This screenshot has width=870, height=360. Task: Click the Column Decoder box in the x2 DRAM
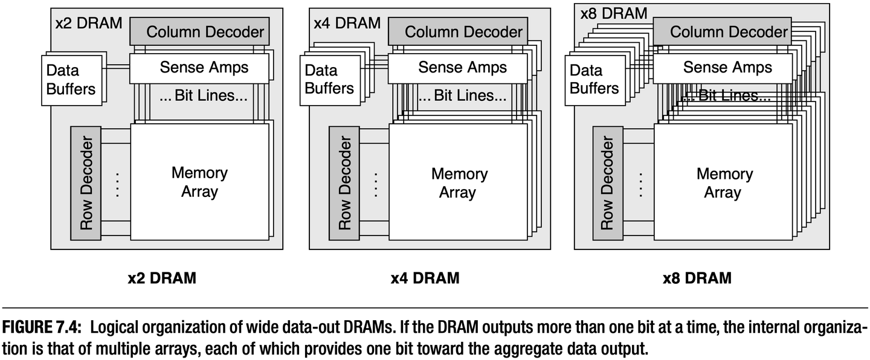(199, 31)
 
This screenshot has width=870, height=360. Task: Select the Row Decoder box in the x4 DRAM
(344, 183)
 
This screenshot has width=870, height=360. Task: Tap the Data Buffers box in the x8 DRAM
(594, 79)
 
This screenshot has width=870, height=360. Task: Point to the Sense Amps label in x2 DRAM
(204, 67)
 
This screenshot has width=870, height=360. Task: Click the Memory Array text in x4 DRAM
(457, 183)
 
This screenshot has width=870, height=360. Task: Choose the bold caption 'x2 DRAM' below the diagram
(162, 278)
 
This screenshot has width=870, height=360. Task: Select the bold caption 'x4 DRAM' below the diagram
(425, 278)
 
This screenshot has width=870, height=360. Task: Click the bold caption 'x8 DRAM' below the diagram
(697, 278)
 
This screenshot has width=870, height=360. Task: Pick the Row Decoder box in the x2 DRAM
(86, 183)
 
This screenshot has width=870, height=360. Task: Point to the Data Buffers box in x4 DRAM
(329, 79)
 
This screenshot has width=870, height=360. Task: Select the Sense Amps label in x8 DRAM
(727, 67)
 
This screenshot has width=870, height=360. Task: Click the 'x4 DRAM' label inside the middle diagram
(347, 23)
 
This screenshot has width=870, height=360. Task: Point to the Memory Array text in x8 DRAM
(724, 183)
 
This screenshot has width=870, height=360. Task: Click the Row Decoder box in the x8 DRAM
(607, 183)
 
